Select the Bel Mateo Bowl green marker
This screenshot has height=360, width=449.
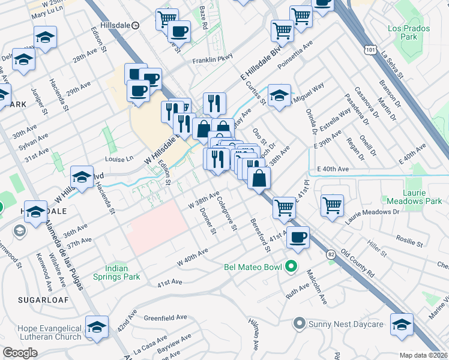(291, 266)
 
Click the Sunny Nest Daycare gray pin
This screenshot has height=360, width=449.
(299, 325)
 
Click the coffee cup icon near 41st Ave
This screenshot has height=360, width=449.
(297, 236)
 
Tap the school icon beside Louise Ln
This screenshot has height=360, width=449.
(82, 176)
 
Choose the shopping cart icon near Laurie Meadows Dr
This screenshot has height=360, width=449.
(332, 205)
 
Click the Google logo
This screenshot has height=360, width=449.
(20, 353)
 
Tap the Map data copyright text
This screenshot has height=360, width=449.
(424, 355)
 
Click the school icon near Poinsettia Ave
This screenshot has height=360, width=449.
(279, 95)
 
